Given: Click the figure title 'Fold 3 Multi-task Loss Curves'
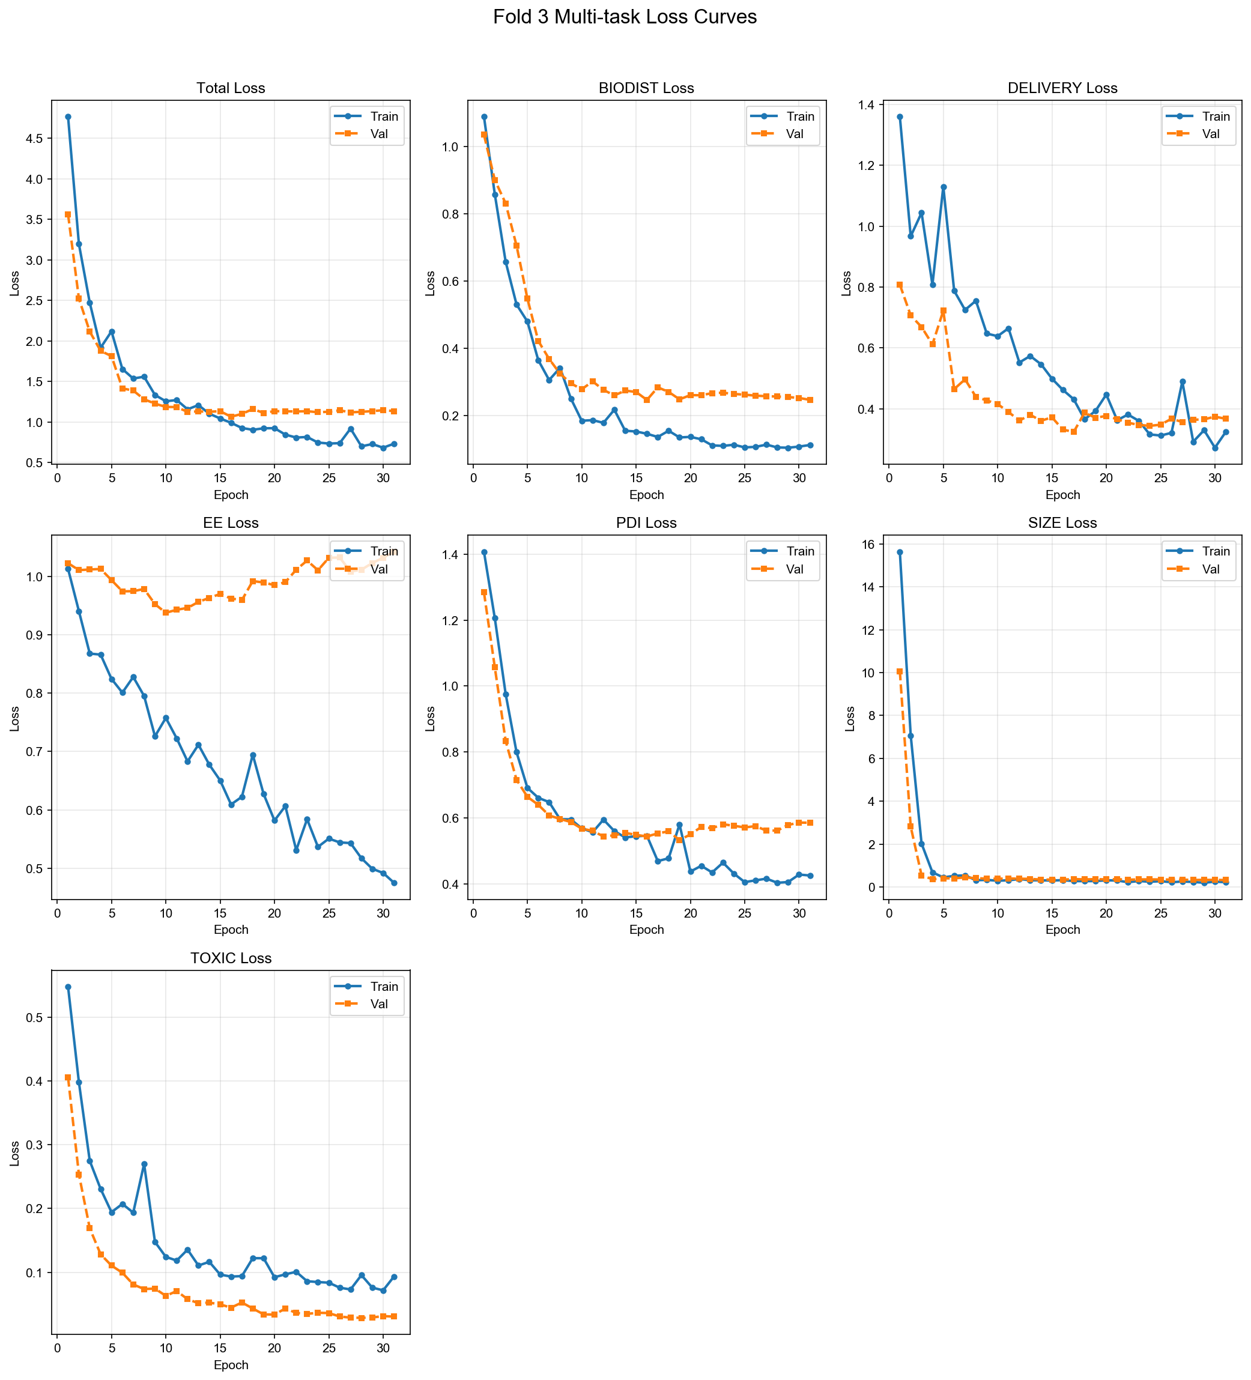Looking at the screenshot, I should [x=625, y=17].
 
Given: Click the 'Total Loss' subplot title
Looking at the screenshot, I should [x=231, y=88].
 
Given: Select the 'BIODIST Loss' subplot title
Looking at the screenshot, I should [x=646, y=88].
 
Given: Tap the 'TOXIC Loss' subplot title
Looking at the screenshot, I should [x=231, y=958].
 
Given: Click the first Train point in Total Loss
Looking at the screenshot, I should [x=68, y=117].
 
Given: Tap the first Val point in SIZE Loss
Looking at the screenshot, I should [x=900, y=671].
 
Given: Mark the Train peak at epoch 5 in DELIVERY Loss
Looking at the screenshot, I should [x=944, y=187].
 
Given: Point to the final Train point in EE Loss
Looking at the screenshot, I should [x=395, y=883].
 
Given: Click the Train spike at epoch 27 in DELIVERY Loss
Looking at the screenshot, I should [x=1183, y=381].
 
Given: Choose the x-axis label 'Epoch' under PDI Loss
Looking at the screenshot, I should [x=646, y=930].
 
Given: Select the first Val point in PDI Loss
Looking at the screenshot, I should [x=484, y=592].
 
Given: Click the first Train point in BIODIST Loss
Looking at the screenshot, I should [x=484, y=117].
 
